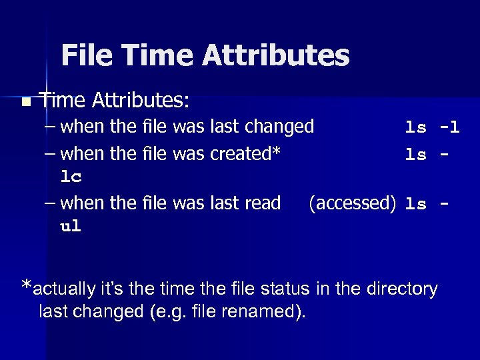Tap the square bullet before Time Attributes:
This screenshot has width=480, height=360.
[25, 103]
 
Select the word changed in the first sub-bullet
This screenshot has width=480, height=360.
[281, 126]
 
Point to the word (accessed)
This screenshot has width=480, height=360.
[353, 203]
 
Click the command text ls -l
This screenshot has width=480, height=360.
[433, 127]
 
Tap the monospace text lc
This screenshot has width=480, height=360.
[71, 177]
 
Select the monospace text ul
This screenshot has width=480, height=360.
[71, 227]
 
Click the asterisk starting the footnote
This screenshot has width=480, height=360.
[27, 287]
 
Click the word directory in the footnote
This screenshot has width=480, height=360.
[404, 289]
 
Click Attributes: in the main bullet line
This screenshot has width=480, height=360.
[141, 101]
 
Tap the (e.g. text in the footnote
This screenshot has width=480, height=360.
[183, 311]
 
